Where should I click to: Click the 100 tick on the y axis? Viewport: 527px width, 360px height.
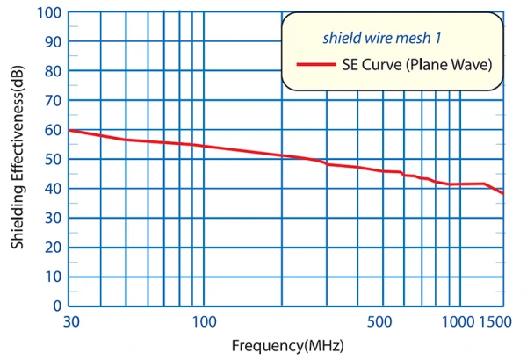pos(49,13)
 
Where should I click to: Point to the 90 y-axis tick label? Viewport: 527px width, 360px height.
pos(53,42)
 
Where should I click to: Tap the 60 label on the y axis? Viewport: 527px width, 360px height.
pos(53,131)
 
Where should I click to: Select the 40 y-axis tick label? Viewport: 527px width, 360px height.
pos(53,189)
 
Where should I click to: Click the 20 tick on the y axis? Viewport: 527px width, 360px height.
pos(53,248)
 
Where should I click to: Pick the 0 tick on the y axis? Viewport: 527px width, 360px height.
pos(57,306)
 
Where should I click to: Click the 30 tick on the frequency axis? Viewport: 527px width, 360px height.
pos(71,321)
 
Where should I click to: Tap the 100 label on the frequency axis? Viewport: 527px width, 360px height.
pos(204,321)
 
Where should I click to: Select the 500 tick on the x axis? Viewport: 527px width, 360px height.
pos(379,321)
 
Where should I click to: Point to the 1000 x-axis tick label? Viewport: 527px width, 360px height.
pos(458,321)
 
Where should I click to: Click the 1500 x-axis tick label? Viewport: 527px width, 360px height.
pos(495,321)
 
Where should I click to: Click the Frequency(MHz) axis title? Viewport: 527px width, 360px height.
pos(288,346)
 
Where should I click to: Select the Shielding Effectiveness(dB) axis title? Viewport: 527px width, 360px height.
pos(18,157)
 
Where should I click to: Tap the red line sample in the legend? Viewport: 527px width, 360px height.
pos(316,64)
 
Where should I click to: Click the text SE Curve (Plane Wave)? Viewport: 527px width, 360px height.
pos(417,64)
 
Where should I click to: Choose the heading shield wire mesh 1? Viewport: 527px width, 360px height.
pos(382,38)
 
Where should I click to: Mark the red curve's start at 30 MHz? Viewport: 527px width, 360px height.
pos(69,130)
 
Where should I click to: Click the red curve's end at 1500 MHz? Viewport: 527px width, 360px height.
pos(503,194)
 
